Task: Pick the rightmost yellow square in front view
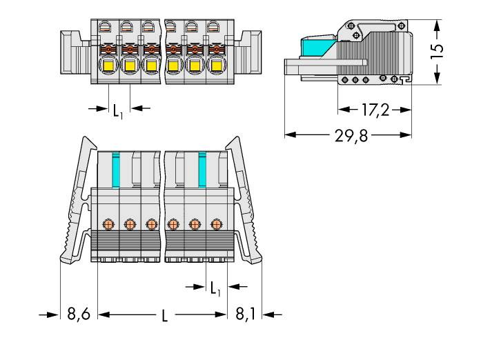(x=215, y=67)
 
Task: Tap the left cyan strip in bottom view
(x=116, y=168)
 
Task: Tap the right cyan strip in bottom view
(x=202, y=168)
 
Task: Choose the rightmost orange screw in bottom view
(x=217, y=223)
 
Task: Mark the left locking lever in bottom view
(x=77, y=200)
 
